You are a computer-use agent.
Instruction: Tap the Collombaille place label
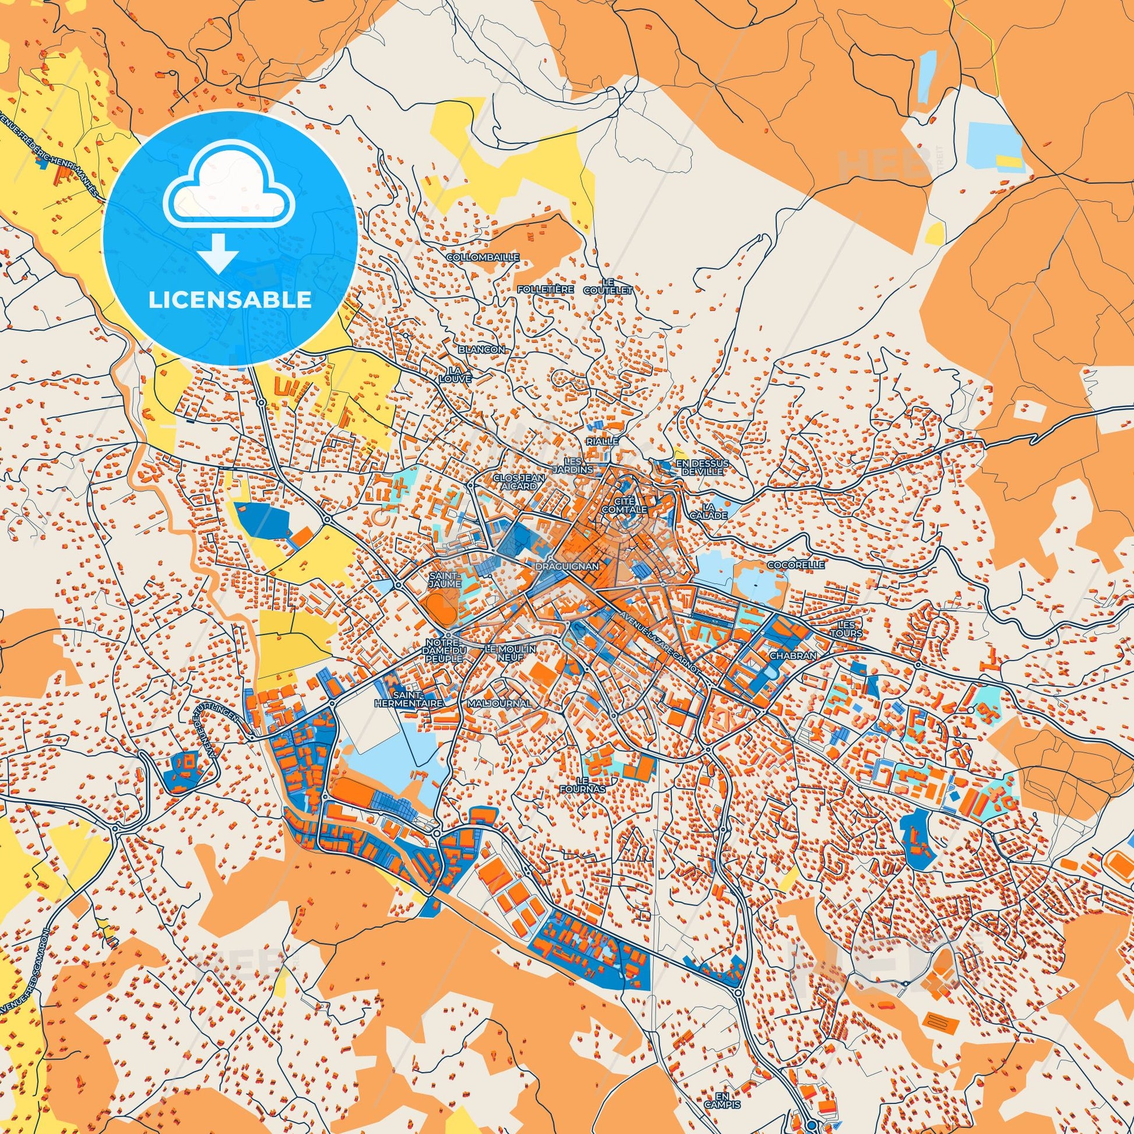(x=483, y=257)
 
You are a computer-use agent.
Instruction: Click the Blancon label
(x=481, y=348)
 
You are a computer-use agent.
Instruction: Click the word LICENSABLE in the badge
(x=230, y=300)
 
